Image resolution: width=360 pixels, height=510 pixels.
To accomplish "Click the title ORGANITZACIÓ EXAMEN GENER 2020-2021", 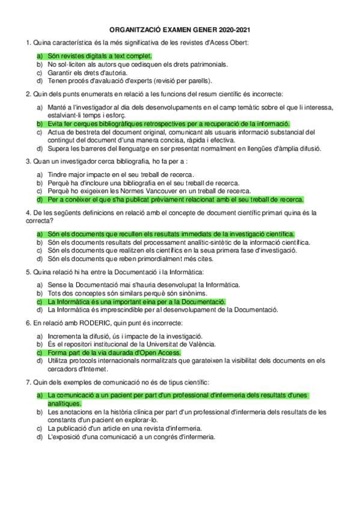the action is coord(180,29).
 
